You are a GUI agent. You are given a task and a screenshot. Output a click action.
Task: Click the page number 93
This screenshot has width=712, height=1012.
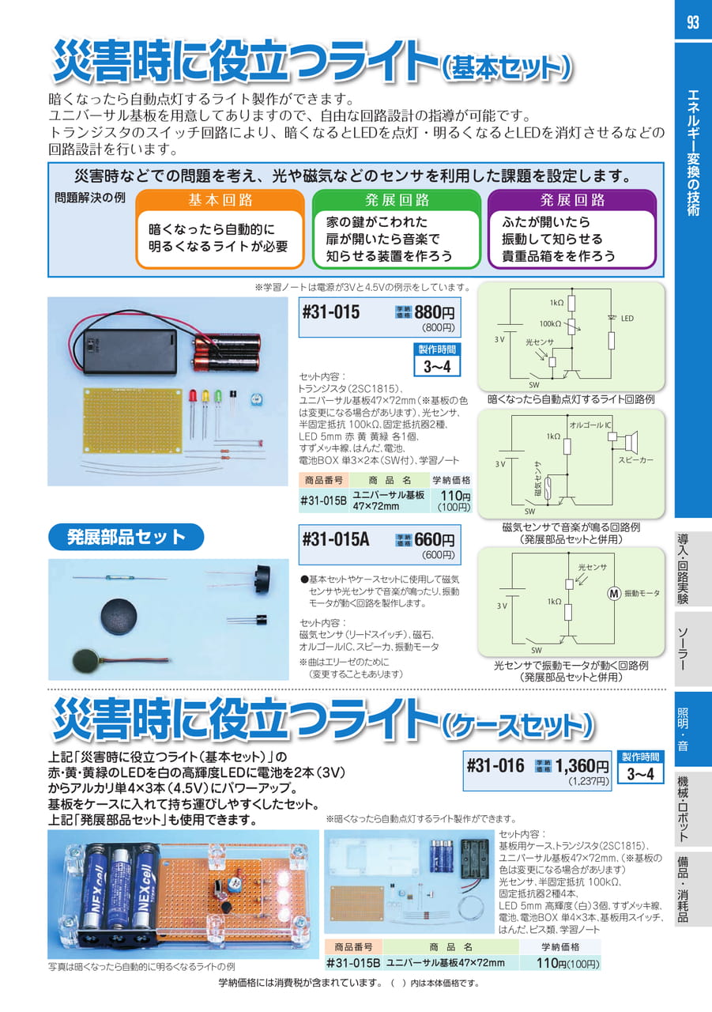click(x=692, y=22)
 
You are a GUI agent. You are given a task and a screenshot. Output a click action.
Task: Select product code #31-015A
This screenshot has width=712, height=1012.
click(x=336, y=539)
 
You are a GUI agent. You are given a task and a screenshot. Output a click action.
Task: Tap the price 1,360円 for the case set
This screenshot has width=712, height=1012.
click(x=582, y=766)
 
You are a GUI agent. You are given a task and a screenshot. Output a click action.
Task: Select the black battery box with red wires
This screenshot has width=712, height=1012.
click(x=129, y=351)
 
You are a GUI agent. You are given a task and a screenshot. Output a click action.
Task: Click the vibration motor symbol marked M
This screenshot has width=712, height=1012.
click(x=614, y=594)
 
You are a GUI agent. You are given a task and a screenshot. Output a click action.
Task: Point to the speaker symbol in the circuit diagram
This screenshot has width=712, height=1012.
click(x=629, y=440)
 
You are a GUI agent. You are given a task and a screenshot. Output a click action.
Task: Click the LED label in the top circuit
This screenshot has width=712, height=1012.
click(x=627, y=319)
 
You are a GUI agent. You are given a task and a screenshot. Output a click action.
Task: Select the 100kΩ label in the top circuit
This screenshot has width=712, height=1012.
click(x=550, y=324)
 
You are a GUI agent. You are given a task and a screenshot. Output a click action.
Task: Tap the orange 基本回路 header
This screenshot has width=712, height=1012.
click(x=220, y=200)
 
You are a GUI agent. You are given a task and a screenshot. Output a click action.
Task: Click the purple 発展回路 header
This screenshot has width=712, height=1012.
click(x=572, y=200)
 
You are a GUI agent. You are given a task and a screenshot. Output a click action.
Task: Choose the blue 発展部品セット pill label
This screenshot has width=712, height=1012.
click(x=126, y=537)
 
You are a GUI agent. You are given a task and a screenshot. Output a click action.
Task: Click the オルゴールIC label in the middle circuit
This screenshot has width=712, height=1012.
click(x=590, y=425)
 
